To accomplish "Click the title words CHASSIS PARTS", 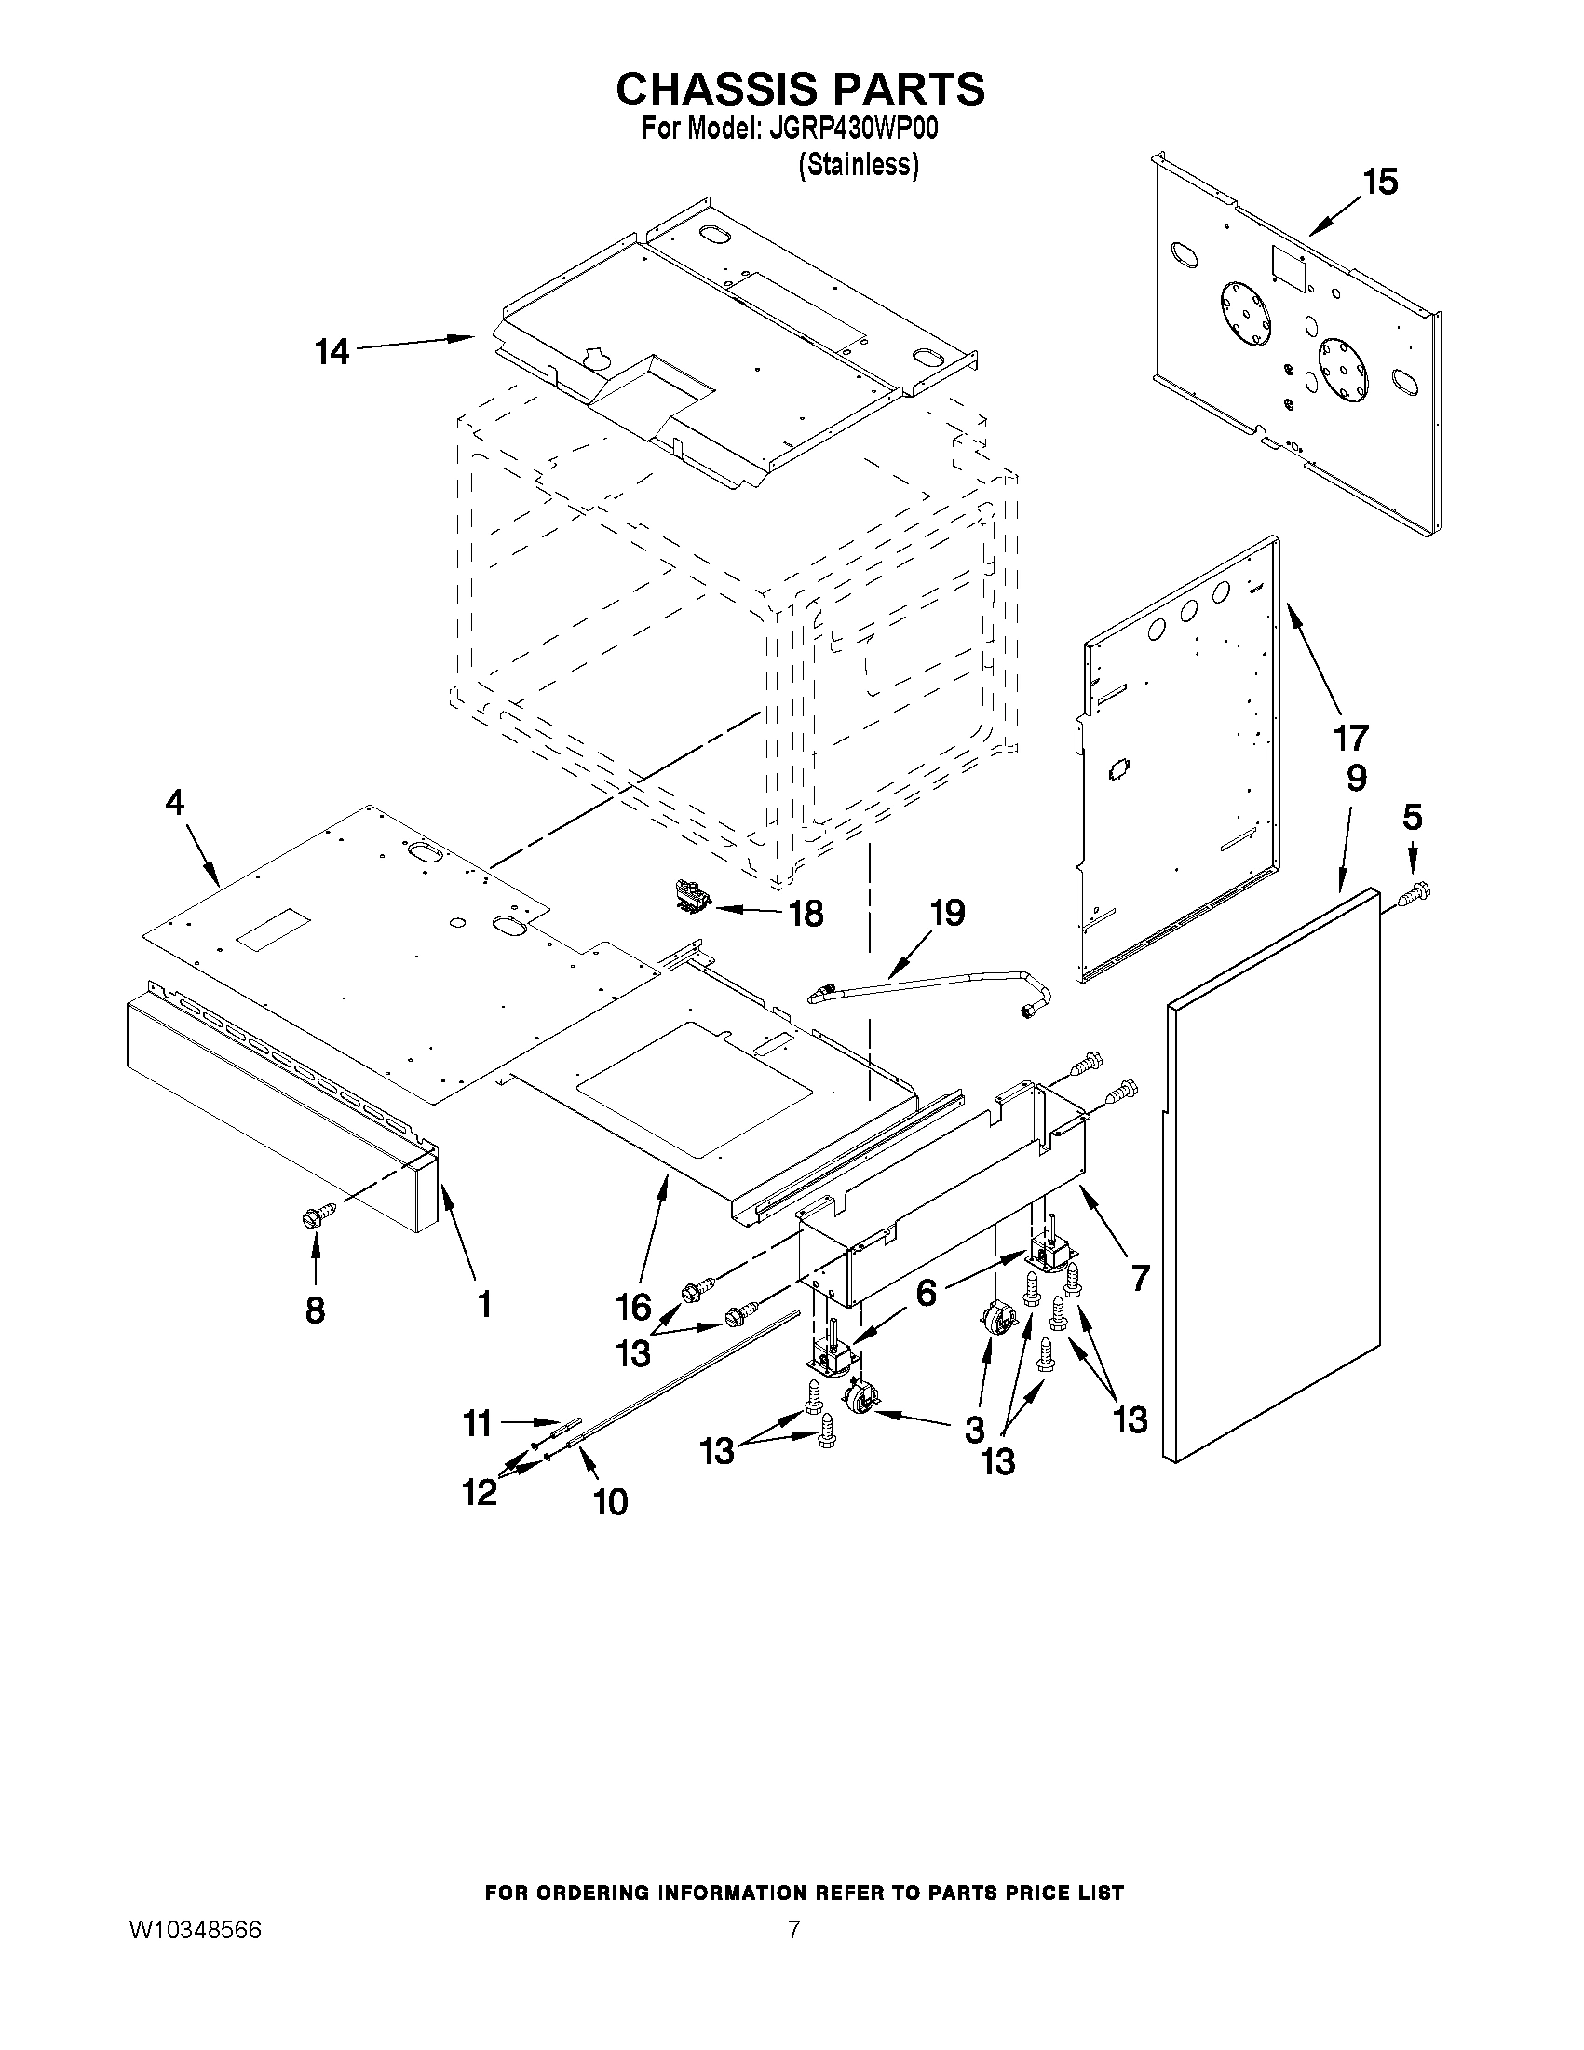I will pos(800,89).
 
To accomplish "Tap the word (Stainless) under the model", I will pos(858,165).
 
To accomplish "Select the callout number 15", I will pos(1379,182).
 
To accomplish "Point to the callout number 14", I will pos(332,352).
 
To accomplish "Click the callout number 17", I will pos(1351,738).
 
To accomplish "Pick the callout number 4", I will pos(174,803).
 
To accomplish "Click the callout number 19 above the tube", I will pos(947,912).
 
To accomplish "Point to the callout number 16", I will pos(633,1306).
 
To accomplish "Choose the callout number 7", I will pos(1139,1278).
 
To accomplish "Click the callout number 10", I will pos(610,1502).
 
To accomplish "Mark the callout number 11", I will pos(477,1424).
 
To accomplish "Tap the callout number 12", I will pos(479,1491).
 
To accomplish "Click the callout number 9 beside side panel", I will pos(1356,778).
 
